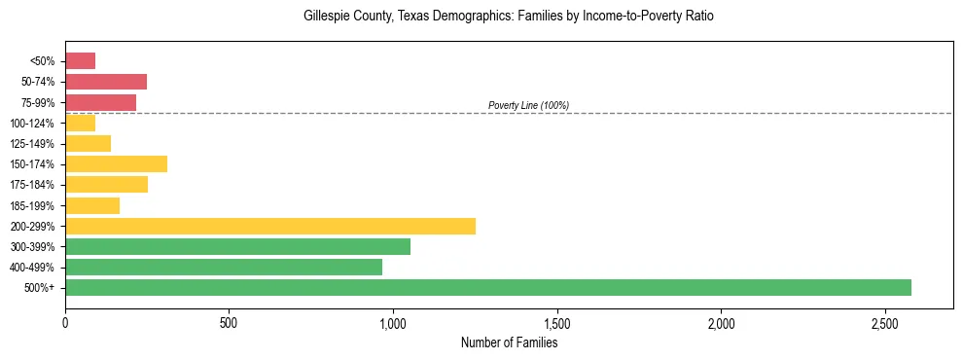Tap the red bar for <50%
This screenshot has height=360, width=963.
tap(80, 61)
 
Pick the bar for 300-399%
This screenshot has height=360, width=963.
tap(237, 246)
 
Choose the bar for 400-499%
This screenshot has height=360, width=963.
tap(224, 267)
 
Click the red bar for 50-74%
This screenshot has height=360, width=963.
tap(106, 82)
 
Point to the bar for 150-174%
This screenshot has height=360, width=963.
tap(116, 163)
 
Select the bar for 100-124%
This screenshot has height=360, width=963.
tap(80, 123)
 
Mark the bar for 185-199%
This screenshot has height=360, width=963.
tap(92, 205)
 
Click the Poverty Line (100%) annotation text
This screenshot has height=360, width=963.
tap(528, 105)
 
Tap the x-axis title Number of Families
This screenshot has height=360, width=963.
tap(509, 342)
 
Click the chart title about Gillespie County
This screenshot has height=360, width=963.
tap(509, 17)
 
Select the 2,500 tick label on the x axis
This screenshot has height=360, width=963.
tap(885, 322)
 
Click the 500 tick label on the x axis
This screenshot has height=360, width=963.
tap(229, 322)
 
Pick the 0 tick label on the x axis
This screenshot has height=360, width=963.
tap(65, 322)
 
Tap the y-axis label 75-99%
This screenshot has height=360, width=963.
tap(42, 102)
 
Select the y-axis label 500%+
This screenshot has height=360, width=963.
tap(43, 288)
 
